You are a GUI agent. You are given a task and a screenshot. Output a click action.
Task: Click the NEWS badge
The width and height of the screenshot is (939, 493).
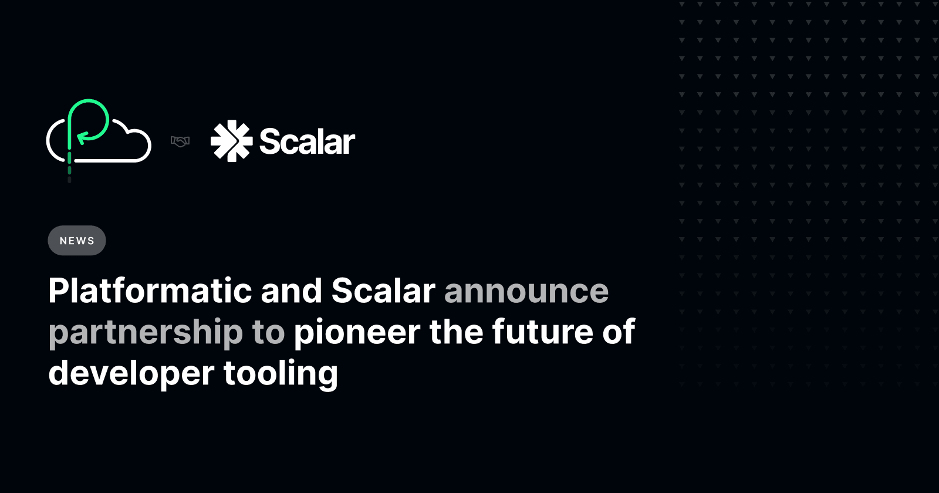click(x=77, y=241)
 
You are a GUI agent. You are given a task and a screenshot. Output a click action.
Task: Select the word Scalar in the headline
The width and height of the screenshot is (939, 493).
click(x=383, y=291)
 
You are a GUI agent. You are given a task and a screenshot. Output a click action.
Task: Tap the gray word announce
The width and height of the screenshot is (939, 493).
click(x=526, y=291)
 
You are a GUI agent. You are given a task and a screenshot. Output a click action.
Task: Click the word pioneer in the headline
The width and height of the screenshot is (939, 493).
click(x=357, y=332)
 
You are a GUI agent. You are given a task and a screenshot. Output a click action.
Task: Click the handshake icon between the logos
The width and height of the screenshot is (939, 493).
click(x=180, y=141)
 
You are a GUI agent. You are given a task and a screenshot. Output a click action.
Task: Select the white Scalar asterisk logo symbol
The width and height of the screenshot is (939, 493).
click(x=231, y=141)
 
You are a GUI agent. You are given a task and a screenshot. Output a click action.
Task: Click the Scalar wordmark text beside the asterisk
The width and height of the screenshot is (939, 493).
click(x=307, y=141)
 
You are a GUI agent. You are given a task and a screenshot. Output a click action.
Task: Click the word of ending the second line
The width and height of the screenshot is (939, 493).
click(x=619, y=332)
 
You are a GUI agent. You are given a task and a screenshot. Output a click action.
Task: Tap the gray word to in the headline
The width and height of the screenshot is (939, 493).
click(x=268, y=333)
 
